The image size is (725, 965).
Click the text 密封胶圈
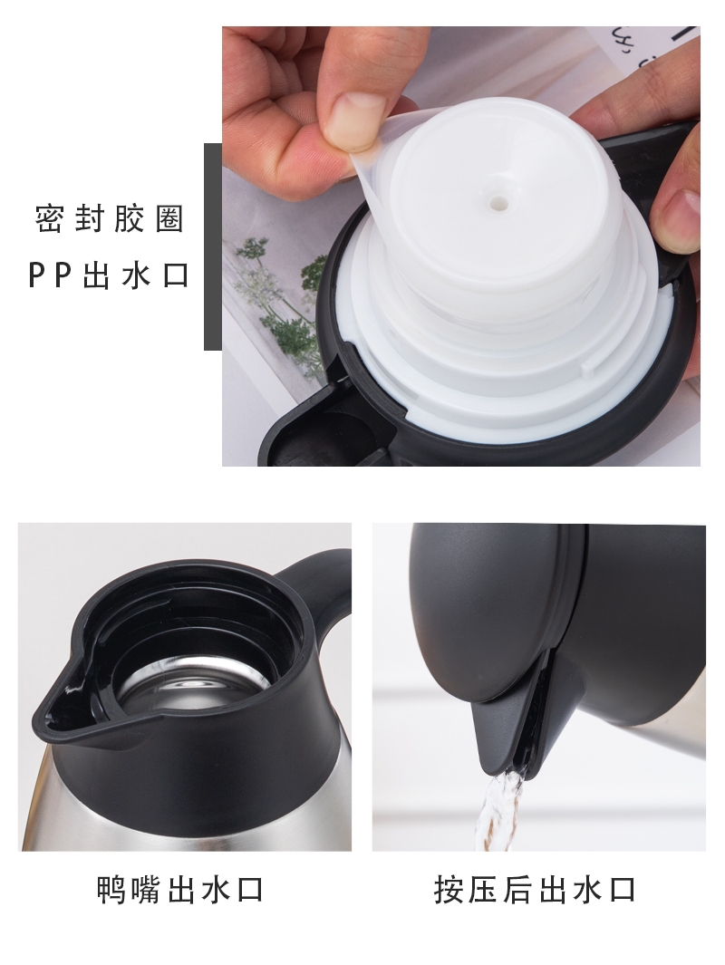(110, 218)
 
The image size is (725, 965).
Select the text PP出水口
(109, 275)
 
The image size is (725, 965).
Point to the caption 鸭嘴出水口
(181, 890)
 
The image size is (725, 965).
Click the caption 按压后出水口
(536, 890)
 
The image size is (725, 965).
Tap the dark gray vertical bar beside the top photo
(213, 246)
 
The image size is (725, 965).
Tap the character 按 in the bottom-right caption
(449, 890)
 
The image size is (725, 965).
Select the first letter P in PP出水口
(38, 275)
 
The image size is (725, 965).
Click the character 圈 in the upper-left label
(169, 218)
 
